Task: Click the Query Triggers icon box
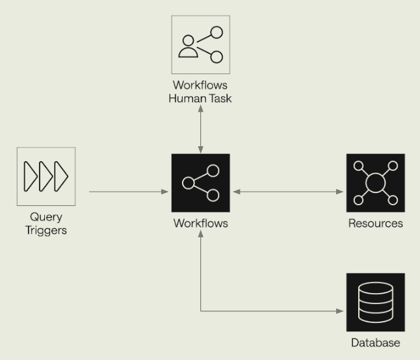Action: tap(46, 176)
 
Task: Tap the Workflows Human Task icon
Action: tap(200, 45)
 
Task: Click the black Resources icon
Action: tap(375, 183)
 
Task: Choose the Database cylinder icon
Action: tap(375, 302)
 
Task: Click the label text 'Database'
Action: tap(375, 343)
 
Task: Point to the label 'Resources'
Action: tap(375, 224)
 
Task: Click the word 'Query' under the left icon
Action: tap(46, 217)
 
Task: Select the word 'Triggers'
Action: tap(46, 229)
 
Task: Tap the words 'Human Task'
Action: tap(200, 98)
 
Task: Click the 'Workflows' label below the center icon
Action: tap(200, 224)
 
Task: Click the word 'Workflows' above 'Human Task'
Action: tap(200, 86)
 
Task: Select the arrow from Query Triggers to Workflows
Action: tap(127, 192)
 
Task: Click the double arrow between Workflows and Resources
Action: tap(288, 192)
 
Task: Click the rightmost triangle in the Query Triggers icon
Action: tap(61, 176)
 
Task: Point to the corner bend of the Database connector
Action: tap(201, 311)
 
